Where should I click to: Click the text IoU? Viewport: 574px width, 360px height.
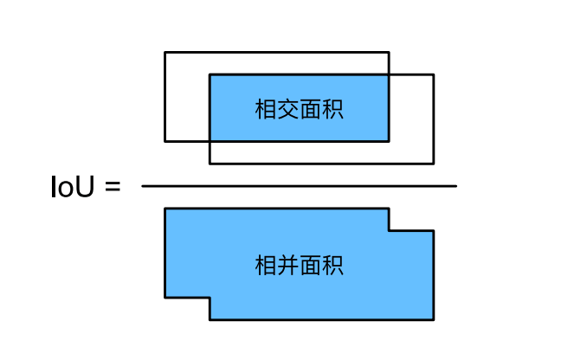[74, 187]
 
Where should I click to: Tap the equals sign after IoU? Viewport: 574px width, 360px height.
[112, 187]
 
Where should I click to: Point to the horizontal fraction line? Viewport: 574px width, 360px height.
[299, 186]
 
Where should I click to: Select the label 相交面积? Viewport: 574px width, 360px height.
[299, 110]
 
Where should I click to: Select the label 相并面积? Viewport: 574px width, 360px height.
[299, 266]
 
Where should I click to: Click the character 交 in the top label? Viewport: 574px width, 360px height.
[287, 110]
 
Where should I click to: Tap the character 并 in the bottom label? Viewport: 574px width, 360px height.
[287, 266]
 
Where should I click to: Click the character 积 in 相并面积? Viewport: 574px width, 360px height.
[332, 266]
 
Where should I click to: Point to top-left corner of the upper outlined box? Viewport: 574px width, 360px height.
[165, 53]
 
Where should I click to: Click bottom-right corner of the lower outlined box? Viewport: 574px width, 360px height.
[433, 163]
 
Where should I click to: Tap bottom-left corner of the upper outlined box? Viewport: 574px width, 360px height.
[165, 140]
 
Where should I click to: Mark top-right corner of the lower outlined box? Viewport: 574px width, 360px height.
[433, 75]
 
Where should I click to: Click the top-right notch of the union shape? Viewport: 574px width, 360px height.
[389, 230]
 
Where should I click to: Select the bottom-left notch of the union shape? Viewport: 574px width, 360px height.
[210, 298]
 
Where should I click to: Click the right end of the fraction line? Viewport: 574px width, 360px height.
[455, 186]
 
